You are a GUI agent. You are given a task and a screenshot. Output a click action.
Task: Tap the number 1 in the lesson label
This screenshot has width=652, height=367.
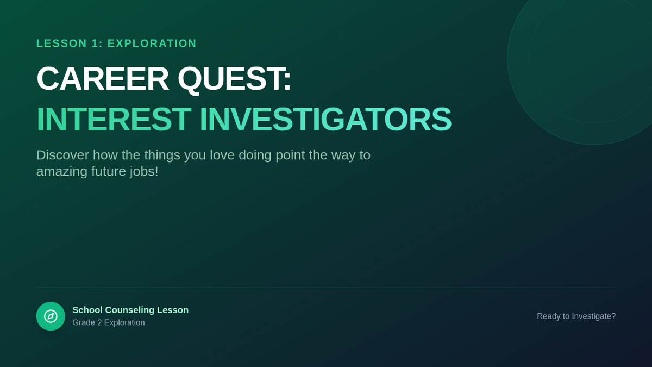pyautogui.click(x=95, y=43)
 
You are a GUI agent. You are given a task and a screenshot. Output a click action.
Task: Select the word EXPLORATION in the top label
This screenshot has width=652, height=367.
pyautogui.click(x=152, y=43)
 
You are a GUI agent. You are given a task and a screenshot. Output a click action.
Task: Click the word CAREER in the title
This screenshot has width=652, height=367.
pyautogui.click(x=103, y=79)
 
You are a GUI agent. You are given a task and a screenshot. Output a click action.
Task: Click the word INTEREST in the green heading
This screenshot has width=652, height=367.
pyautogui.click(x=114, y=120)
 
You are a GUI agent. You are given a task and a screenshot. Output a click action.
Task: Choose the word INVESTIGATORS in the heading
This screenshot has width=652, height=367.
pyautogui.click(x=325, y=120)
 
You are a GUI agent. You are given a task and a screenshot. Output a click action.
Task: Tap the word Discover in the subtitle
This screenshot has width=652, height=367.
pyautogui.click(x=62, y=155)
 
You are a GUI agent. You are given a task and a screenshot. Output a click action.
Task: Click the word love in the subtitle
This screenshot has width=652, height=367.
pyautogui.click(x=222, y=155)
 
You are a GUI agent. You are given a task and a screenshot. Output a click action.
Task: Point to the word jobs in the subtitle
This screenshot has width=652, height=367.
pyautogui.click(x=144, y=172)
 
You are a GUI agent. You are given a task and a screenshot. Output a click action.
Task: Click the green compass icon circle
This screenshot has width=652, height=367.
pyautogui.click(x=51, y=316)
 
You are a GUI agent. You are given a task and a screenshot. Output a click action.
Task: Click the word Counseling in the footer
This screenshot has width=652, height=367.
pyautogui.click(x=129, y=310)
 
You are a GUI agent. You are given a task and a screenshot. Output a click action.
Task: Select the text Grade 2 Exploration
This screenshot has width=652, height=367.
pyautogui.click(x=109, y=323)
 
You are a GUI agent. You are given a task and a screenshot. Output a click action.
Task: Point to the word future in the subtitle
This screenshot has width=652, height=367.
pyautogui.click(x=109, y=172)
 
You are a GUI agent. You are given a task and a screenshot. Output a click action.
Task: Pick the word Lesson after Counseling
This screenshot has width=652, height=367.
pyautogui.click(x=173, y=310)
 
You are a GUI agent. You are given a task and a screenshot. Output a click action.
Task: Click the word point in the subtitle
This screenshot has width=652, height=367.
pyautogui.click(x=290, y=155)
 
